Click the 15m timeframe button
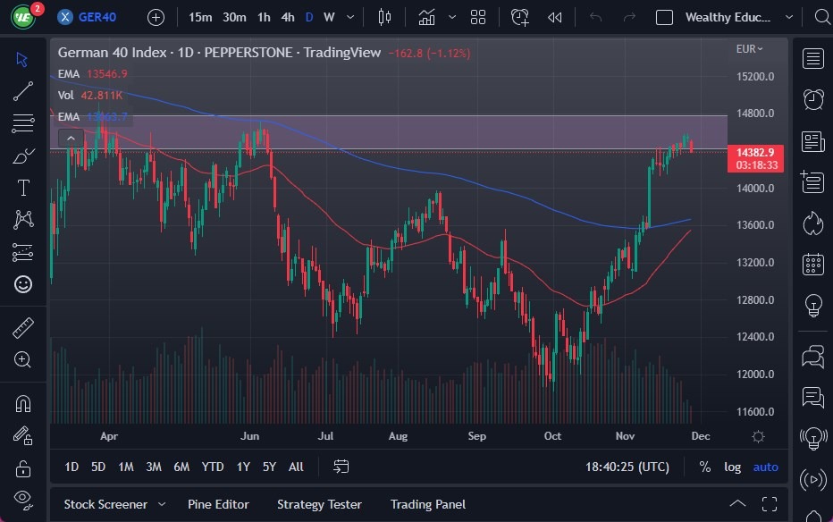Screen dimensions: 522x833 200,17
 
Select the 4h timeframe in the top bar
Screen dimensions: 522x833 287,17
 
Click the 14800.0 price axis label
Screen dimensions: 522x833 754,114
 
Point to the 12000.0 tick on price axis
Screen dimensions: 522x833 754,374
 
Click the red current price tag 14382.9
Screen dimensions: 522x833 756,153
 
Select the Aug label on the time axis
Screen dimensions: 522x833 398,436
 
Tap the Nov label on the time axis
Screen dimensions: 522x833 625,436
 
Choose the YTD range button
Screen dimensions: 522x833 213,467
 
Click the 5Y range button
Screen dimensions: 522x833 269,467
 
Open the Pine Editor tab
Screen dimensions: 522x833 218,504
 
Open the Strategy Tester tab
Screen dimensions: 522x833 319,504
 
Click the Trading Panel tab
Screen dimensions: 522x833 428,504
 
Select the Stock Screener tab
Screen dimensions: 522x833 105,504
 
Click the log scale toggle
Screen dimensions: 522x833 732,467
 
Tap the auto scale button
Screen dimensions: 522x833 765,467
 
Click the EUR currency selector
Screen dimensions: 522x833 749,49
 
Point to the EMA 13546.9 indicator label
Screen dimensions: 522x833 92,74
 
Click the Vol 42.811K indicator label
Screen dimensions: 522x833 89,95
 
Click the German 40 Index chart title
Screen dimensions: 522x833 112,53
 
